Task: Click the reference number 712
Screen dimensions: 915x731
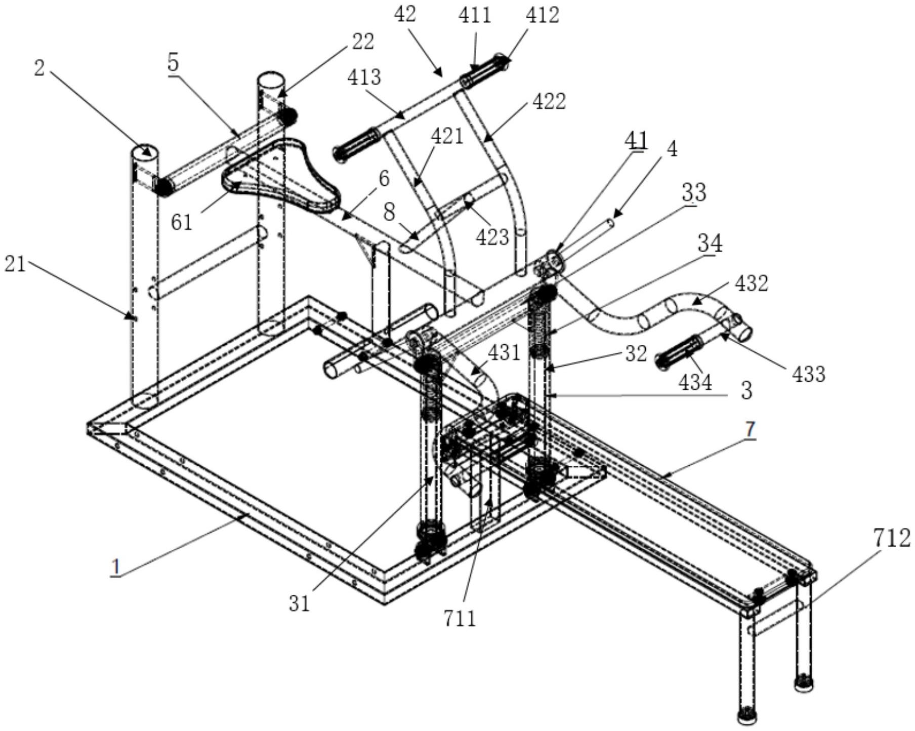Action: click(891, 539)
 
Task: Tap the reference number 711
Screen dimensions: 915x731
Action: click(460, 618)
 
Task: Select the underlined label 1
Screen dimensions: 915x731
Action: click(116, 567)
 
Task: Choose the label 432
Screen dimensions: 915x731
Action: click(751, 283)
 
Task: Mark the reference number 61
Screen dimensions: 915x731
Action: click(182, 221)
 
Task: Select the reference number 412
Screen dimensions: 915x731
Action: click(542, 15)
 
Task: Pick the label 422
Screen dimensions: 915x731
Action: click(549, 101)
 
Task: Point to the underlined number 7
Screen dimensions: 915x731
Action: click(750, 429)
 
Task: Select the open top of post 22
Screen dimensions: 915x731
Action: click(271, 79)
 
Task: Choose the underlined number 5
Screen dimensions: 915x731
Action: click(173, 63)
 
